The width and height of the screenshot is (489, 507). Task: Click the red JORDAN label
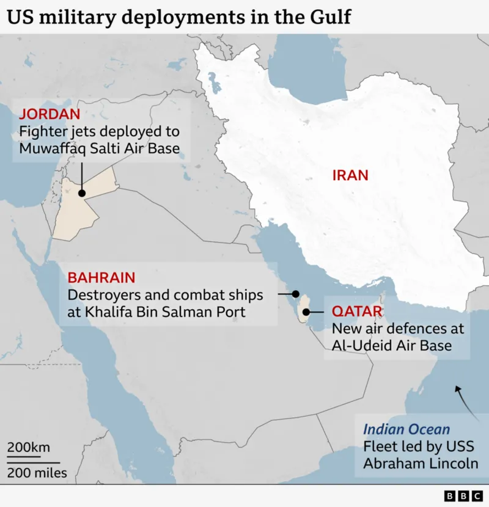pos(50,114)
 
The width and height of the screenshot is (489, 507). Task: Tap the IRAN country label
pos(350,175)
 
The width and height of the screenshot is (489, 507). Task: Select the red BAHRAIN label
pos(101,278)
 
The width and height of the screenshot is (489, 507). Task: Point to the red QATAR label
pos(357,312)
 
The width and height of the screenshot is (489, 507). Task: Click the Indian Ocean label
pos(406,429)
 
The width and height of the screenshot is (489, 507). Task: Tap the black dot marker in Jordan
pos(81,192)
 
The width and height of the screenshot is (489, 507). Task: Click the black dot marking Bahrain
pos(296,294)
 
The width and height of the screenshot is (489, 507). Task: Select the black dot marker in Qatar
pos(305,312)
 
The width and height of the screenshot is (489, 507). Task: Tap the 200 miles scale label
pos(37,473)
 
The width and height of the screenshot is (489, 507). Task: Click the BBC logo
pos(463,495)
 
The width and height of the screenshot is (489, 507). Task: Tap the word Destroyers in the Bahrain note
pos(101,295)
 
